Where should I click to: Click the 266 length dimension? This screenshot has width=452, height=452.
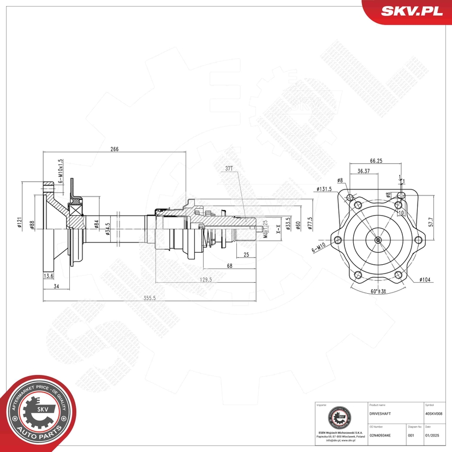pyautogui.click(x=115, y=149)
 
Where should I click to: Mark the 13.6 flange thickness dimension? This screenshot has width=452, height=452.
pyautogui.click(x=48, y=277)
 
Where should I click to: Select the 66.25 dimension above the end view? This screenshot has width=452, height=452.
pyautogui.click(x=375, y=161)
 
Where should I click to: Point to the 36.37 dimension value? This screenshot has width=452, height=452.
pyautogui.click(x=365, y=171)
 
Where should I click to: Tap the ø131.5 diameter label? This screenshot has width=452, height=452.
pyautogui.click(x=324, y=189)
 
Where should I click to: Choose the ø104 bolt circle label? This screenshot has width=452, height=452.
pyautogui.click(x=426, y=279)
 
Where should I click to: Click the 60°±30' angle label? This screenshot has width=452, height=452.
pyautogui.click(x=378, y=292)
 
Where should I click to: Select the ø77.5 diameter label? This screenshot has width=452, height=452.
pyautogui.click(x=310, y=224)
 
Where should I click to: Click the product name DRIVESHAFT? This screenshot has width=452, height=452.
pyautogui.click(x=380, y=414)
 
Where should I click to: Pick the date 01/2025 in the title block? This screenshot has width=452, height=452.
pyautogui.click(x=432, y=435)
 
